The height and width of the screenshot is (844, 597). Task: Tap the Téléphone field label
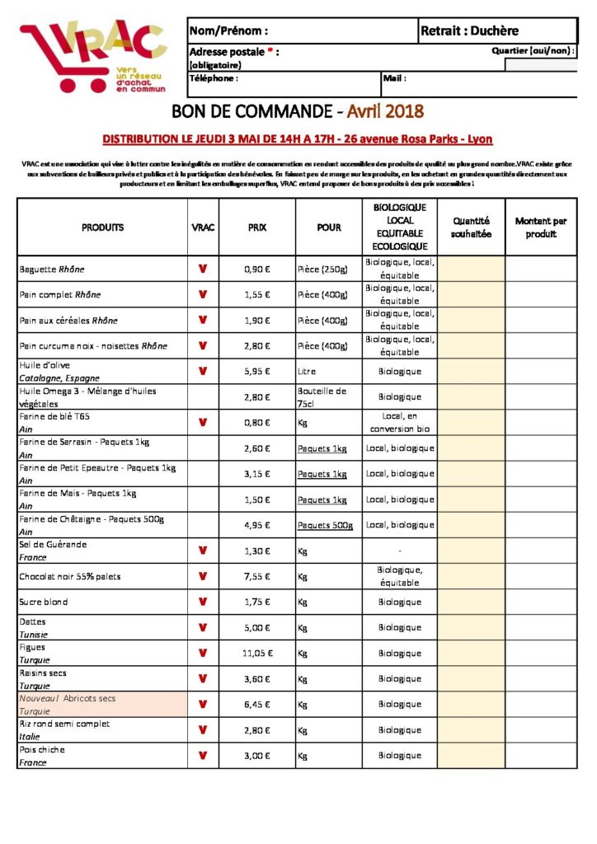[x=214, y=79]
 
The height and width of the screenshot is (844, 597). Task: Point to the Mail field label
[x=393, y=79]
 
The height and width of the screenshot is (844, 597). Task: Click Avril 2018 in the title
[x=385, y=110]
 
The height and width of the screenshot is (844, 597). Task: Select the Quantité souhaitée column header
[x=471, y=227]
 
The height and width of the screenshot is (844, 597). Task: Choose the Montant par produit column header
[x=540, y=227]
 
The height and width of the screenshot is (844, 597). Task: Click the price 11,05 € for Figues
[x=257, y=654]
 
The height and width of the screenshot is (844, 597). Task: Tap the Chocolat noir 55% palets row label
[x=69, y=577]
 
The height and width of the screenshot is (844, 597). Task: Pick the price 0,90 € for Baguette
[x=257, y=270]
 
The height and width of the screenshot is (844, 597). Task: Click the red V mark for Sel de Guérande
[x=202, y=551]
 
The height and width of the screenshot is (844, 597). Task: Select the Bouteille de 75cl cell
[x=322, y=397]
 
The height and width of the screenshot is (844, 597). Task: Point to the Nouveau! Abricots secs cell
[x=68, y=698]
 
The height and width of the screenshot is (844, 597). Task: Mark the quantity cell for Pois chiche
[x=471, y=756]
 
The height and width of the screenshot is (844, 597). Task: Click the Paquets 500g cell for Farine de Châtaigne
[x=325, y=526]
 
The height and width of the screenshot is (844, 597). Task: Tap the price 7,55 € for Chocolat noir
[x=257, y=577]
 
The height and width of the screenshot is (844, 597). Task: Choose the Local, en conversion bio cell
[x=400, y=423]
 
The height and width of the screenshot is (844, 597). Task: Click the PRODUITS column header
[x=102, y=227]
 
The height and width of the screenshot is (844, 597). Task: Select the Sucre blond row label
[x=44, y=603]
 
